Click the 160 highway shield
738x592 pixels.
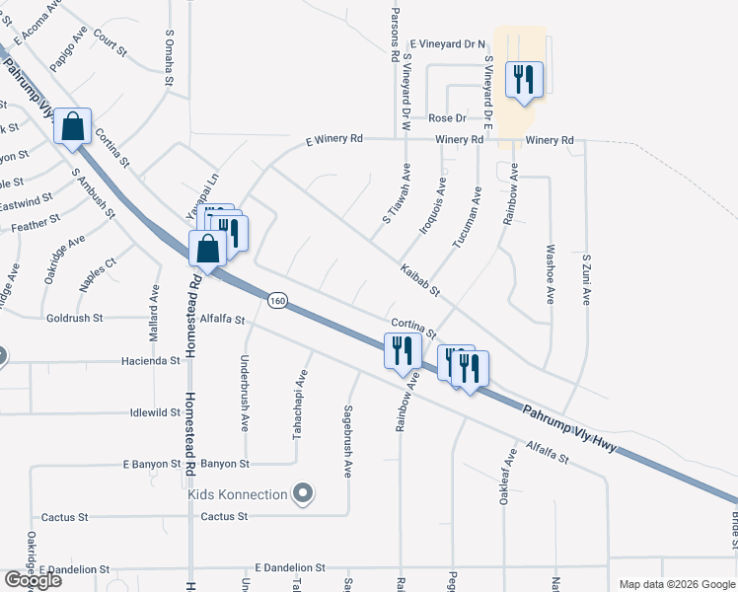(x=278, y=298)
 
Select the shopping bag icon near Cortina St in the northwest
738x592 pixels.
(x=72, y=127)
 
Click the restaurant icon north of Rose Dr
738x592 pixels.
(x=524, y=79)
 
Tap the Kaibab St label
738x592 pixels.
(x=419, y=281)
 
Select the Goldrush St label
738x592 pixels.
(x=75, y=319)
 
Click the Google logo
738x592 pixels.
(x=33, y=579)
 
